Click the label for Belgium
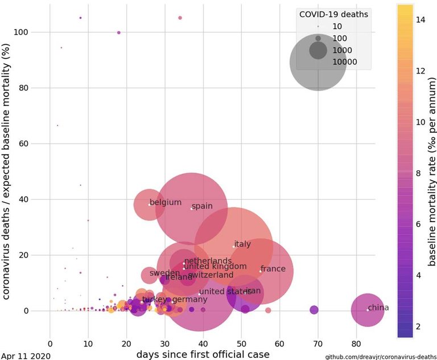(x=166, y=203)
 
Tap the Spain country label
(x=202, y=207)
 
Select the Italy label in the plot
(x=242, y=244)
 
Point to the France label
(x=273, y=269)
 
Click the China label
(x=378, y=308)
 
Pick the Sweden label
(x=165, y=273)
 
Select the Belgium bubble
(x=149, y=204)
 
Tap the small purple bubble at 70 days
(x=314, y=310)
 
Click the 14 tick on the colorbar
(x=421, y=19)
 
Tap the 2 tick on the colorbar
(x=419, y=326)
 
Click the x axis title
(x=203, y=354)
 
